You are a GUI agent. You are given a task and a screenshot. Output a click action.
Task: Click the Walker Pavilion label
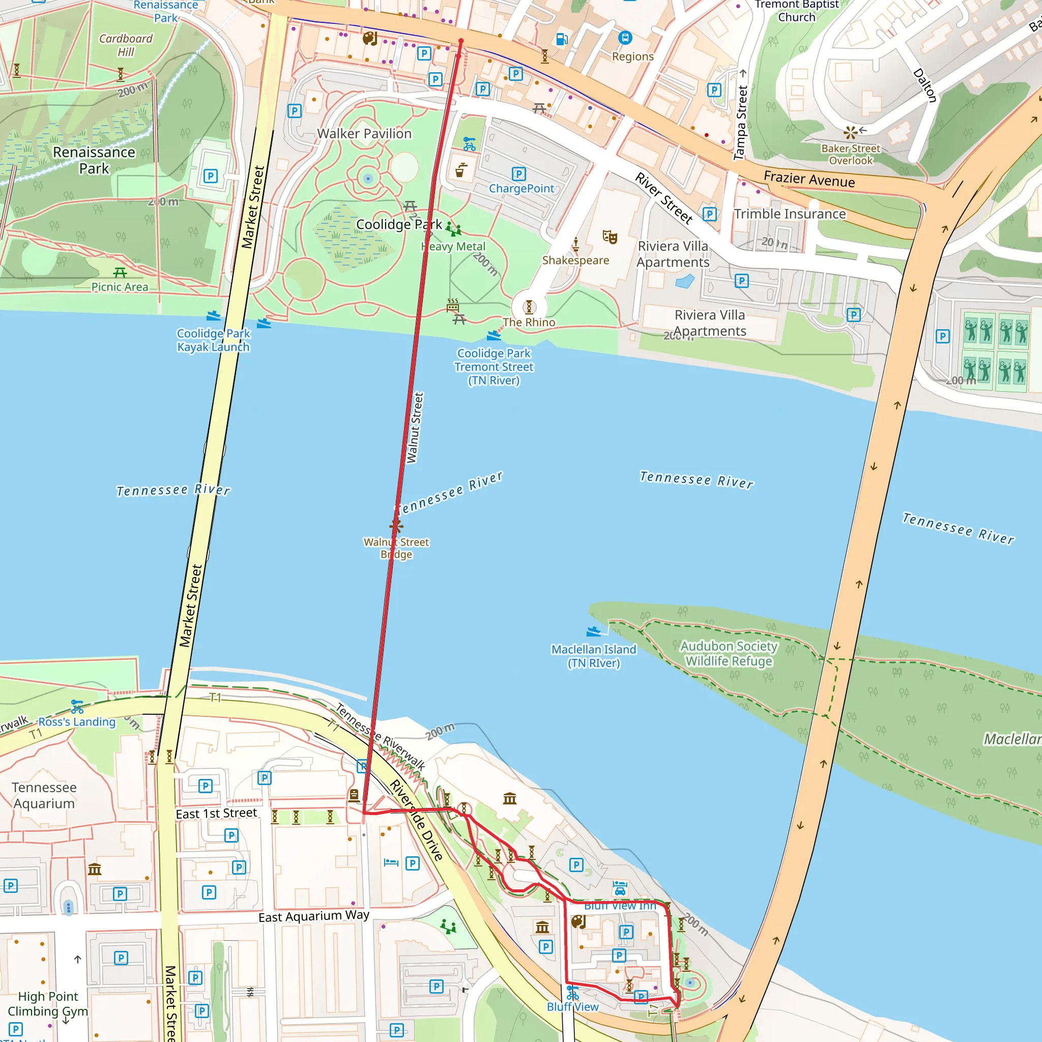click(x=364, y=133)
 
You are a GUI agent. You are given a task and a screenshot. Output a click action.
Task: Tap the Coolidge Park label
click(x=398, y=224)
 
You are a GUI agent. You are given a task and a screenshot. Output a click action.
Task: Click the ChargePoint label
click(x=521, y=188)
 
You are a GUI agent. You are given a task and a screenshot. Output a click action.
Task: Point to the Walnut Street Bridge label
click(x=396, y=548)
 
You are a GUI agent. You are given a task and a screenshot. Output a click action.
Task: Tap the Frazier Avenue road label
click(x=809, y=179)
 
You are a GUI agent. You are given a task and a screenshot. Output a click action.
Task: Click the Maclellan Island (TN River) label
click(x=593, y=656)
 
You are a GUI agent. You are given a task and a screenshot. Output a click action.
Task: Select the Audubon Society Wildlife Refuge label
click(x=729, y=653)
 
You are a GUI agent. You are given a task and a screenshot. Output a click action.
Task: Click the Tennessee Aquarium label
click(x=44, y=795)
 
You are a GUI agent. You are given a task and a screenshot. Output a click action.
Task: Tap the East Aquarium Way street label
click(x=314, y=916)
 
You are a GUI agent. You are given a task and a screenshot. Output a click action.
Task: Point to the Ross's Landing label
click(x=77, y=721)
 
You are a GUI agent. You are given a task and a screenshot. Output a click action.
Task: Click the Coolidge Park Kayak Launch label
click(x=214, y=340)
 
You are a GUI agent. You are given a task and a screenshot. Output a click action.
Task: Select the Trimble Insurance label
click(x=790, y=214)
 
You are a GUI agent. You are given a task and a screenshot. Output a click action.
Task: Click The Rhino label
click(x=529, y=322)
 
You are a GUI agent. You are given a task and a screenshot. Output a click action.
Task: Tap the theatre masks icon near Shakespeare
click(x=610, y=237)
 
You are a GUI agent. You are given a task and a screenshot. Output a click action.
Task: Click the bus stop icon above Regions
click(x=625, y=38)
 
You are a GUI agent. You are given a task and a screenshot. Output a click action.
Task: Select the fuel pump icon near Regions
click(x=562, y=39)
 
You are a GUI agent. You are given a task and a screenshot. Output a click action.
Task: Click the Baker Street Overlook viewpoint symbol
click(x=851, y=132)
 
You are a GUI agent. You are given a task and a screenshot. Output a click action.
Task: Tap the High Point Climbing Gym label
click(x=47, y=1003)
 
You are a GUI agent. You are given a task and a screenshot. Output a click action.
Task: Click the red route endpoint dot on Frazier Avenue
click(x=461, y=41)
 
